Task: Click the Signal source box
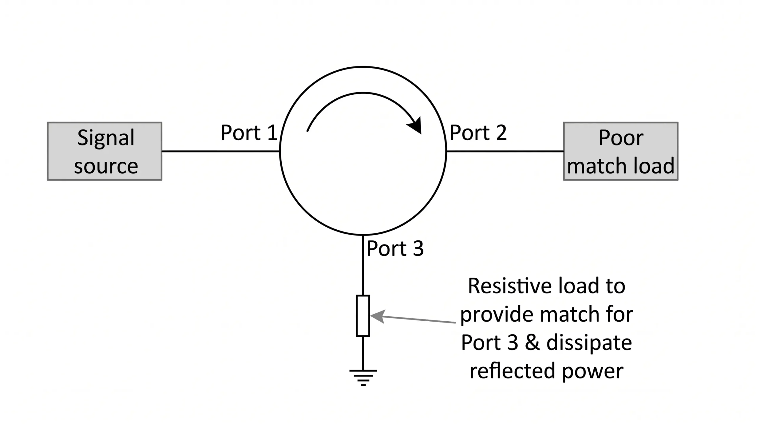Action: [x=104, y=151]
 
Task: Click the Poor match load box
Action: [x=620, y=151]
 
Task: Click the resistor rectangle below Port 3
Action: [x=363, y=316]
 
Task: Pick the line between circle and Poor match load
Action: [x=505, y=151]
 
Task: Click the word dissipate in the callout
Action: [x=589, y=343]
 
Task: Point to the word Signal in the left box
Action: [x=106, y=138]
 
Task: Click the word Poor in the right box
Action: [x=621, y=138]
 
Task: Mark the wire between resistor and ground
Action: [x=363, y=353]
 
